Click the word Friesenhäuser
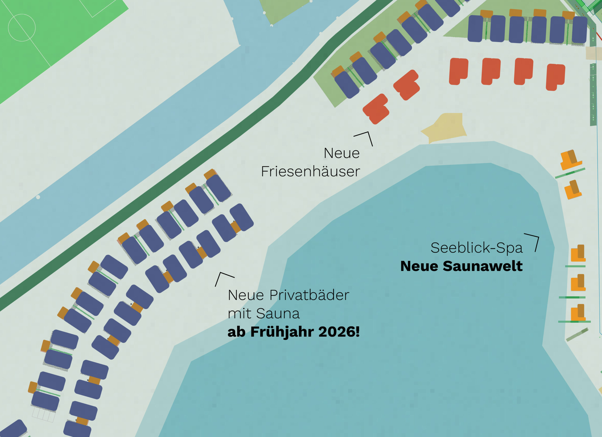pyautogui.click(x=311, y=171)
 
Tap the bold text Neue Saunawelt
pyautogui.click(x=461, y=266)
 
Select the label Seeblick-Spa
pyautogui.click(x=476, y=248)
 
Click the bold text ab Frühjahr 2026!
pyautogui.click(x=293, y=332)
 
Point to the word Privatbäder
pyautogui.click(x=309, y=295)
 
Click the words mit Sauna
pyautogui.click(x=264, y=314)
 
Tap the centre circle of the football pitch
pyautogui.click(x=22, y=28)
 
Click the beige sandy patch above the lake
pyautogui.click(x=446, y=128)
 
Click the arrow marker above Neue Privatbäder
pyautogui.click(x=223, y=278)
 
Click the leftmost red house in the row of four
pyautogui.click(x=458, y=71)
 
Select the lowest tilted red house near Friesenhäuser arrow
pyautogui.click(x=376, y=109)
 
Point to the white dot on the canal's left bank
pyautogui.click(x=38, y=197)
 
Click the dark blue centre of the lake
pyautogui.click(x=398, y=319)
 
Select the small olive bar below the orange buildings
pyautogui.click(x=577, y=335)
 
